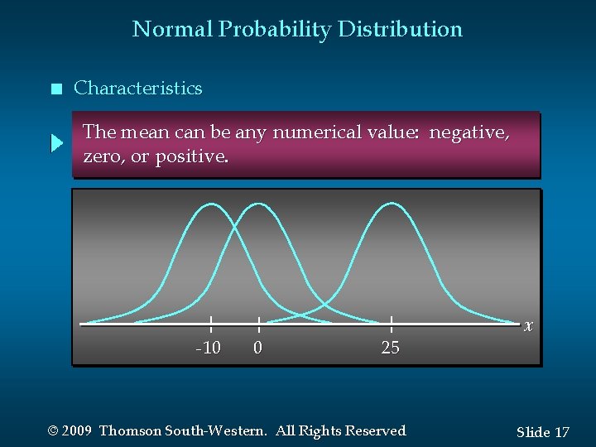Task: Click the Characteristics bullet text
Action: tap(137, 88)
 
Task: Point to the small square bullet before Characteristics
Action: tap(55, 89)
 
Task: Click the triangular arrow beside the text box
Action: tap(56, 144)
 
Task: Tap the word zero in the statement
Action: tap(103, 156)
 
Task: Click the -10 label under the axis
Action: tap(208, 348)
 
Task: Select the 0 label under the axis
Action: tap(257, 348)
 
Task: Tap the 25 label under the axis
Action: tap(390, 348)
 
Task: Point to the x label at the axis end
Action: tap(528, 326)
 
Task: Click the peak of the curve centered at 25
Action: tap(391, 204)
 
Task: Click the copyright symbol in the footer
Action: tap(54, 431)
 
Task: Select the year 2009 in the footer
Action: tap(77, 431)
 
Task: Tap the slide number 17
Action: tap(561, 432)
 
